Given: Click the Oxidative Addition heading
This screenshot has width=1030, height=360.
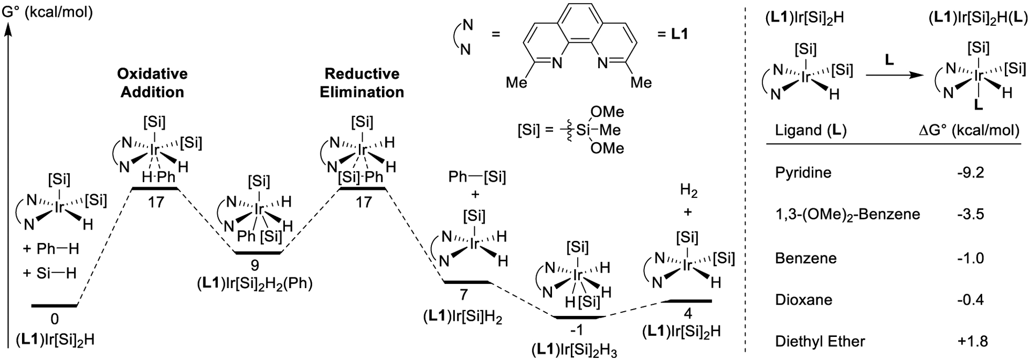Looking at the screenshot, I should coord(152,83).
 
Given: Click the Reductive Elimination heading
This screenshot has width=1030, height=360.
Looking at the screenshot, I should coord(362,83).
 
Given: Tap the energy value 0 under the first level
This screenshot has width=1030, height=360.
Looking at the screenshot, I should coord(55,320).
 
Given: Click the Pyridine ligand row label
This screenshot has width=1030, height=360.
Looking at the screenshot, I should coord(803,173).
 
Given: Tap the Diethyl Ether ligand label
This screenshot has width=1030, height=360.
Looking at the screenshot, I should coord(820,341).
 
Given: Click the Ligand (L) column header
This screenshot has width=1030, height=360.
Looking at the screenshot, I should coord(811,130).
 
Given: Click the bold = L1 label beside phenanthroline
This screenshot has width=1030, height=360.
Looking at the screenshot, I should coord(673,35).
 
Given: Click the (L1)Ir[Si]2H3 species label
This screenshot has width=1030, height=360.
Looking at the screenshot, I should coord(575,350).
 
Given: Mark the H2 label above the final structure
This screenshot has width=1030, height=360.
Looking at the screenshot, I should coord(688,192).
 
